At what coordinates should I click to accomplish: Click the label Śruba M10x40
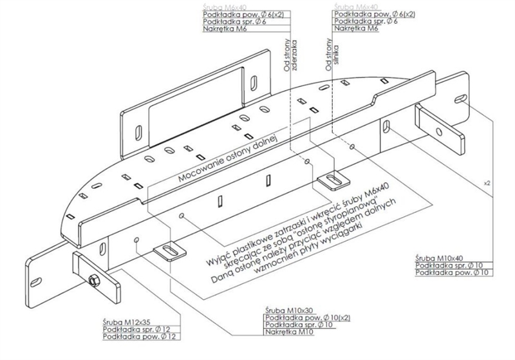tap(438, 256)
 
